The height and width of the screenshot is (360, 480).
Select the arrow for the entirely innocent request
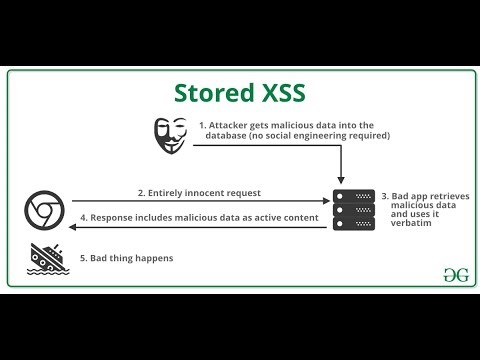click(x=200, y=200)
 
